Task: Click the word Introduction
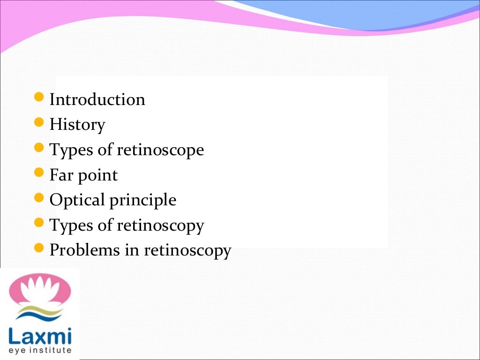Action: point(97,100)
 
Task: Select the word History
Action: point(77,125)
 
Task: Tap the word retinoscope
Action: point(160,150)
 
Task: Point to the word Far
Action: point(60,175)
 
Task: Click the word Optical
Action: point(77,200)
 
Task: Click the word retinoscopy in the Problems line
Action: point(187,251)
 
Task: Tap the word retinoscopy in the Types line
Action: point(160,226)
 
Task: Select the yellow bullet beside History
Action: point(40,123)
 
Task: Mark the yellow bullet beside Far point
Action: point(40,173)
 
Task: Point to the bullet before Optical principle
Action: point(40,198)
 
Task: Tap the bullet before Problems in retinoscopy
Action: point(40,248)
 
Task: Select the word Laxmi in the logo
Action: point(40,336)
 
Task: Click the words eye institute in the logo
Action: point(40,350)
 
